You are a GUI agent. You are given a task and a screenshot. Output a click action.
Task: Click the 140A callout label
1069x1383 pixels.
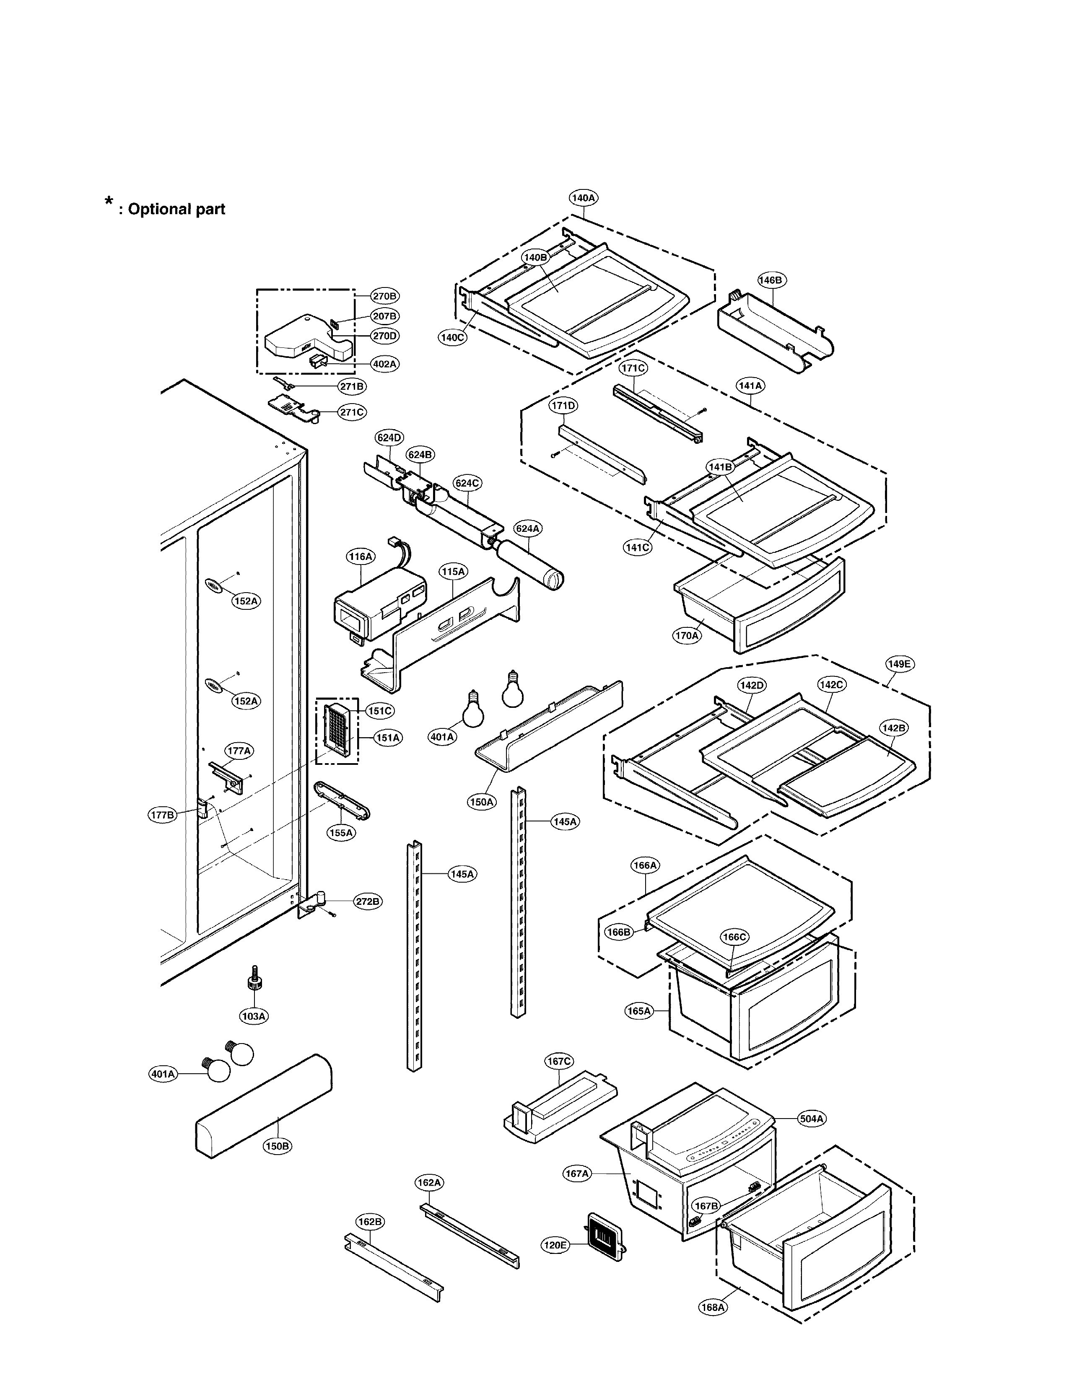583,197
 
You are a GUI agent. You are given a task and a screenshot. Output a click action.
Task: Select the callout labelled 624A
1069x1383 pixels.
527,528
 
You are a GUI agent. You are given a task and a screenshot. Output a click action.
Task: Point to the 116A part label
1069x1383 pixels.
361,557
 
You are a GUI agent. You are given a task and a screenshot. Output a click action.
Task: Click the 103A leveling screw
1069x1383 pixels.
254,984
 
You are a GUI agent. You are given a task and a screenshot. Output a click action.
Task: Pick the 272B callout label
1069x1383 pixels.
367,901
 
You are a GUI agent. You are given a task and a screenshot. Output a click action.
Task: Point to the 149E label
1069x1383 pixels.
899,664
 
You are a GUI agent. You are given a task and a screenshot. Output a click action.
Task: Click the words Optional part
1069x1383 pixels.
176,210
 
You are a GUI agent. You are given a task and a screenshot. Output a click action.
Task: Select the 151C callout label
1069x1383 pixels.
380,711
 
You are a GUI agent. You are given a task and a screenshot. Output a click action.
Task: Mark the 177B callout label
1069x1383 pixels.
162,815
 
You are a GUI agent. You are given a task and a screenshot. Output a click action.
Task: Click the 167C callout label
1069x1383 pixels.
559,1061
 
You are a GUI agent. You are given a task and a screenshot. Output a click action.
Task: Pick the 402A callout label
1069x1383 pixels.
384,364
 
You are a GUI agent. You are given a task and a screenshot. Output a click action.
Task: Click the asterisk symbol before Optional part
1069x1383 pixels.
109,203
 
